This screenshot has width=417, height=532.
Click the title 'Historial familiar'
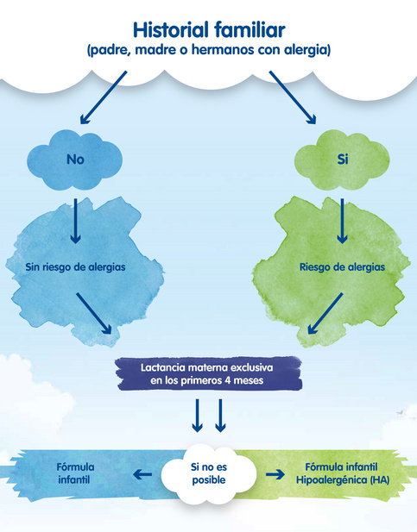pyautogui.click(x=209, y=30)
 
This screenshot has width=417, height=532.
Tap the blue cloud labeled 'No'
pyautogui.click(x=75, y=160)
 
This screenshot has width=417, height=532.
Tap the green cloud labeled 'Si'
pyautogui.click(x=342, y=160)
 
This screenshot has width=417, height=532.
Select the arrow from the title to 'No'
pyautogui.click(x=104, y=97)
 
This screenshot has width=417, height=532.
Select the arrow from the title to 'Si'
pyautogui.click(x=293, y=97)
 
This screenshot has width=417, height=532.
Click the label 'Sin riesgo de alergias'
pyautogui.click(x=75, y=267)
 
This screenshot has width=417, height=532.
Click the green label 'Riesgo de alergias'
pyautogui.click(x=342, y=267)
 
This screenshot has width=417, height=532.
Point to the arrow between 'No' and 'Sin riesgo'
pyautogui.click(x=75, y=221)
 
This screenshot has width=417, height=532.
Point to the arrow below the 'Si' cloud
pyautogui.click(x=342, y=221)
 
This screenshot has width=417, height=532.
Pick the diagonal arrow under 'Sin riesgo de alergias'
pyautogui.click(x=94, y=314)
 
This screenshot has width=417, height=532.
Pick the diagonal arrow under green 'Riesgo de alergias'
pyautogui.click(x=325, y=314)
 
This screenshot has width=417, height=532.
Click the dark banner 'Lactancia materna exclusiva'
pyautogui.click(x=208, y=373)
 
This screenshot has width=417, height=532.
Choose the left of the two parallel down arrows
pyautogui.click(x=197, y=416)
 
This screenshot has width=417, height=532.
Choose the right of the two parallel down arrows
pyautogui.click(x=220, y=416)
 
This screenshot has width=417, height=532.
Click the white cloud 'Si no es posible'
pyautogui.click(x=209, y=473)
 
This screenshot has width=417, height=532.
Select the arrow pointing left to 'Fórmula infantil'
pyautogui.click(x=142, y=474)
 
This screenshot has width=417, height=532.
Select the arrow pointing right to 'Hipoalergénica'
pyautogui.click(x=275, y=474)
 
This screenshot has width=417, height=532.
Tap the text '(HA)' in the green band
pyautogui.click(x=380, y=480)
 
